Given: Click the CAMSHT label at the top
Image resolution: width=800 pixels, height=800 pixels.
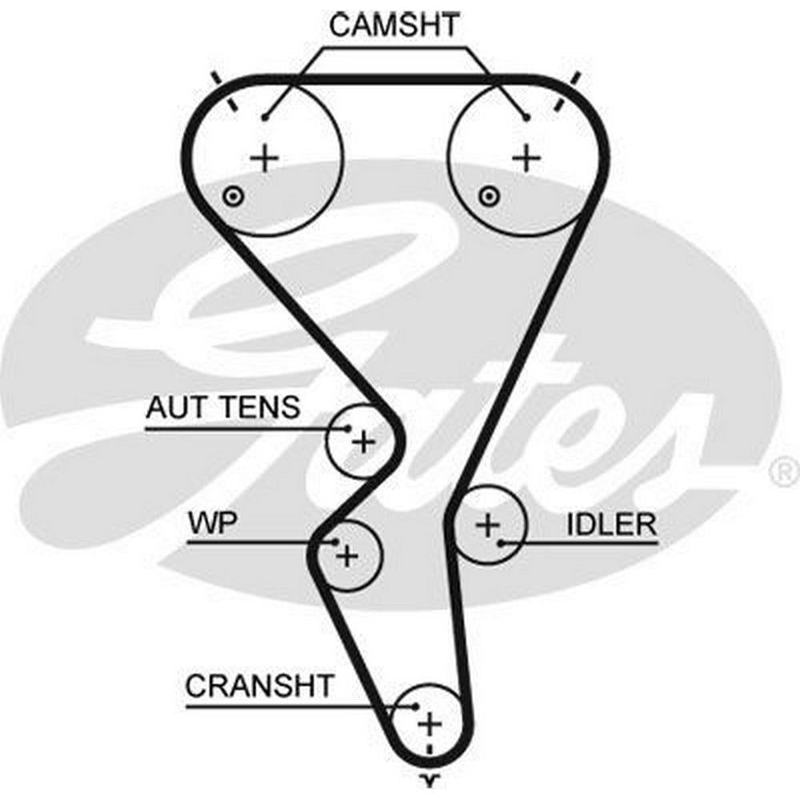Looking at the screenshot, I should coord(394,26).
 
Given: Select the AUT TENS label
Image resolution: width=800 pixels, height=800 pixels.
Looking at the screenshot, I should coord(222,408).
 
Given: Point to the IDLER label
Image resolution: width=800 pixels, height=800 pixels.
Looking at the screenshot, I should coord(611,525).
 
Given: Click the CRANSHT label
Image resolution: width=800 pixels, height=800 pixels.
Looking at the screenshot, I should coord(258,686).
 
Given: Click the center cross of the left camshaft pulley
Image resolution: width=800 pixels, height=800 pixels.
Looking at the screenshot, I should coord(265,158).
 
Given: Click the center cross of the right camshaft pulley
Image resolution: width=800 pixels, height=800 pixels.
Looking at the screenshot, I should coord(526,158).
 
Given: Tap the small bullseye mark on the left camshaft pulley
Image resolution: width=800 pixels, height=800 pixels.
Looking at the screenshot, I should coord(233,194).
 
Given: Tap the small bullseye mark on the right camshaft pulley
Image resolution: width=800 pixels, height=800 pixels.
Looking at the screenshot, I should coord(487,194).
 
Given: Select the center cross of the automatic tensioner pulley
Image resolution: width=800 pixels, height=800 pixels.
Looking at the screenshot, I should coord(364,441).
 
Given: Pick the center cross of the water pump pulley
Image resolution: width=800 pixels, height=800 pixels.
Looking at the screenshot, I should coord(347,555).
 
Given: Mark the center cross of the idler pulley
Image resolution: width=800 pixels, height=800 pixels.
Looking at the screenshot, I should coord(487,526).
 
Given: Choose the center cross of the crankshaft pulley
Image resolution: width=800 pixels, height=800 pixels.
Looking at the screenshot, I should coord(430,724).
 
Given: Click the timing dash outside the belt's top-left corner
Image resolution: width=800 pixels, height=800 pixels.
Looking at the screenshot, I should coord(214,78).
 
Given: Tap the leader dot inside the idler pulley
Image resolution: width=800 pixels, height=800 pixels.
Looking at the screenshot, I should coord(502,543).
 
